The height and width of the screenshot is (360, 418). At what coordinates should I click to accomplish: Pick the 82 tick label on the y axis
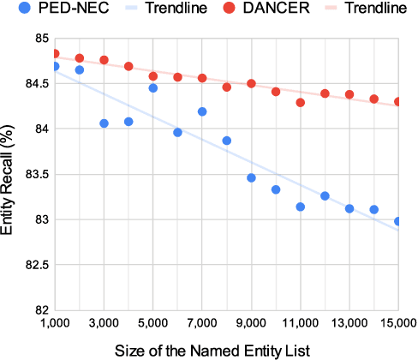(x=39, y=310)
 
